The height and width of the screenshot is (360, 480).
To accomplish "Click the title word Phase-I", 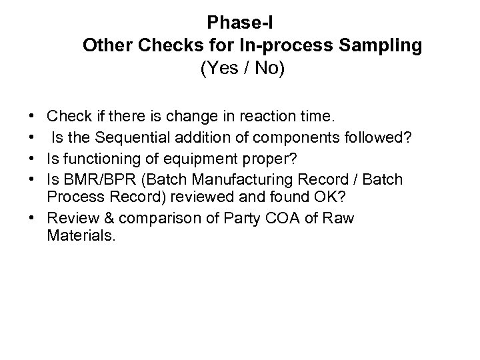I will pos(237,23).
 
